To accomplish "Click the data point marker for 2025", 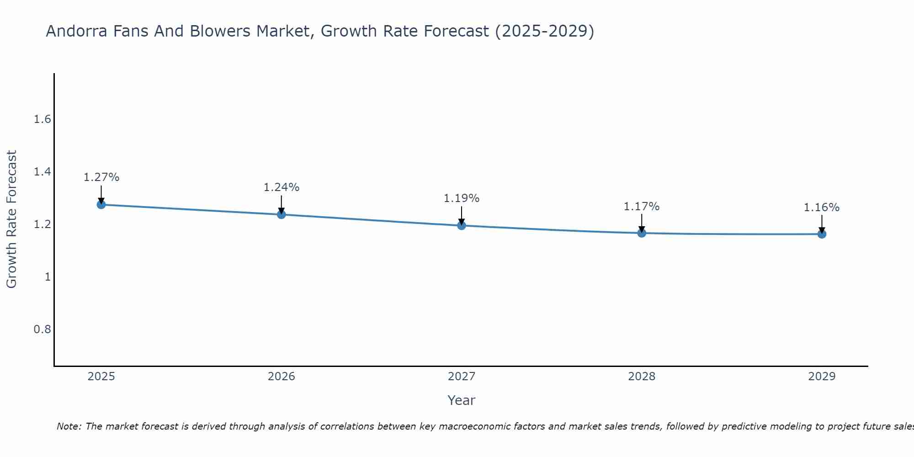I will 101,204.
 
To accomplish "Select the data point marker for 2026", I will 282,214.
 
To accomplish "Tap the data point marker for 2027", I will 462,225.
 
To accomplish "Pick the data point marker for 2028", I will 642,233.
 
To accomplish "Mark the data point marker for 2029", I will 822,234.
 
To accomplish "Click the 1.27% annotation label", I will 101,177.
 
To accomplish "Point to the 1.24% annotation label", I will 282,187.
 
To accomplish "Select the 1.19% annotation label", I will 462,198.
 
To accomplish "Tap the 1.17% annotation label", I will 642,207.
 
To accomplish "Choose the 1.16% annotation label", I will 822,207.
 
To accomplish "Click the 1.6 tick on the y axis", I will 42,120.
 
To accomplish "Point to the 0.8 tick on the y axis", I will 42,329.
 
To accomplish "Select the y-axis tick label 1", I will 48,277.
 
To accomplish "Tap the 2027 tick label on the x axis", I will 462,377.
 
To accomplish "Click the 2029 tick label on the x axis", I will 822,377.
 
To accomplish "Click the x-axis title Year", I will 462,400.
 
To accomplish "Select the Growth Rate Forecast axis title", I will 11,219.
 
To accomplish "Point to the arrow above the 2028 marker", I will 642,223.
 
